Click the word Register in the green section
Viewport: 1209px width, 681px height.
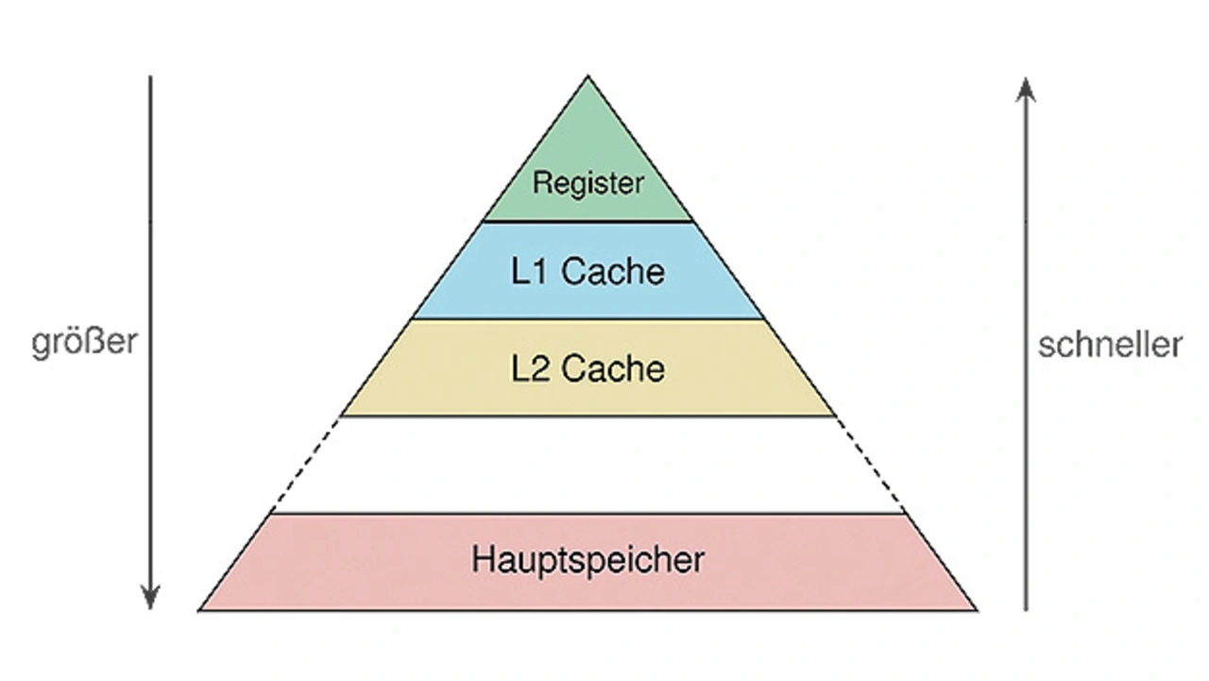587,182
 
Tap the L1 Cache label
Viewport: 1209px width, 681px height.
587,272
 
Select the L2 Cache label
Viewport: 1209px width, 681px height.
587,368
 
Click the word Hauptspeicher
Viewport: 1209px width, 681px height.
587,560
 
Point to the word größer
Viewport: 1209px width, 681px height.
84,342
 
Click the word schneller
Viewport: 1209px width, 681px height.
1110,345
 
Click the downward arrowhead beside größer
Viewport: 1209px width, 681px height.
150,598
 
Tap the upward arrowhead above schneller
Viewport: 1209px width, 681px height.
1026,90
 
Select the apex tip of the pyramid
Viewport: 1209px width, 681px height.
587,78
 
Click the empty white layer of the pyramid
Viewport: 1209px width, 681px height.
587,465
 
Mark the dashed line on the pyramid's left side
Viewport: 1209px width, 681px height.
307,465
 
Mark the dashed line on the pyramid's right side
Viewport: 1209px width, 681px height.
870,465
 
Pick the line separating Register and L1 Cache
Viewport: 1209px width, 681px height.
587,222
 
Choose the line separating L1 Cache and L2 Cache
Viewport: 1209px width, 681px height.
587,319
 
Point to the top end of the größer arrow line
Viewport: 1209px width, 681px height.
150,77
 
